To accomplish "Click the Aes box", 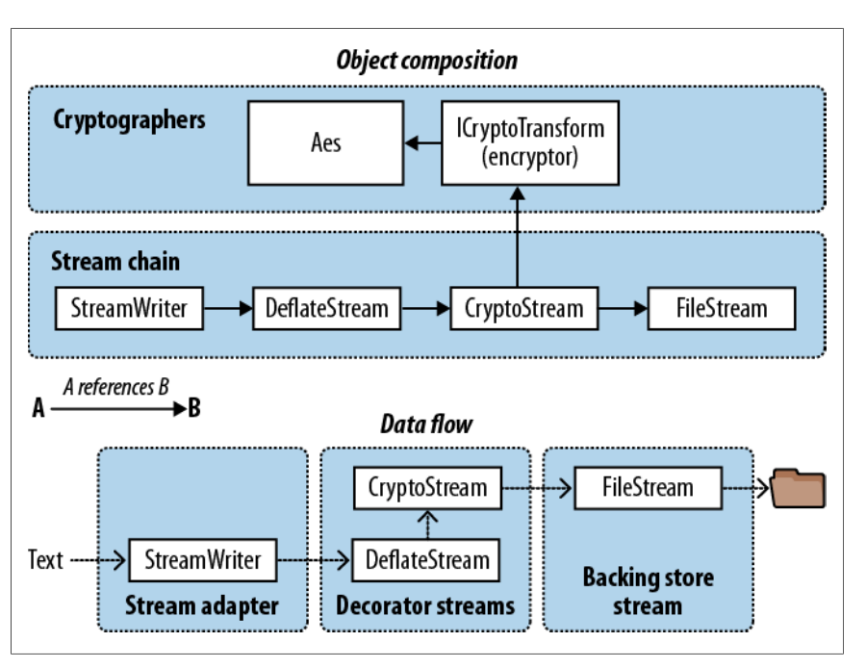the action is point(326,142).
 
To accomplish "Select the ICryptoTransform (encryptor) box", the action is point(530,142).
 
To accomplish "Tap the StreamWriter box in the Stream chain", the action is point(129,308).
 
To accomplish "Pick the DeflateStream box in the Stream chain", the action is point(327,308).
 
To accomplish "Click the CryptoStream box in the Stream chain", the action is point(524,308).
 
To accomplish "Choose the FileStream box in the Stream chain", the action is point(722,308).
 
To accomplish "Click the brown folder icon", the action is point(798,488).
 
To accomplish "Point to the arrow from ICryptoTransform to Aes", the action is point(423,143).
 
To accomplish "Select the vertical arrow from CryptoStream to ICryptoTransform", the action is point(518,237).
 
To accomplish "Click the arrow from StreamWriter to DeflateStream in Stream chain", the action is point(228,308).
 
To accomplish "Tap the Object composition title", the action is point(427,61).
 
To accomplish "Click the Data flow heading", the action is point(426,424).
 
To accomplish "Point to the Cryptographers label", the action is point(129,120).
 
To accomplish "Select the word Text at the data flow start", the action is point(45,559).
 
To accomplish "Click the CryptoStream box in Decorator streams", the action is point(427,488).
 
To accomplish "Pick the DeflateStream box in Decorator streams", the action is point(426,560).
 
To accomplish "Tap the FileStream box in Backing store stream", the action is point(649,488).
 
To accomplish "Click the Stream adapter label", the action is point(202,605).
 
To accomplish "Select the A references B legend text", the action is point(116,387).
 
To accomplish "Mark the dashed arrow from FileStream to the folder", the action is point(746,488).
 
